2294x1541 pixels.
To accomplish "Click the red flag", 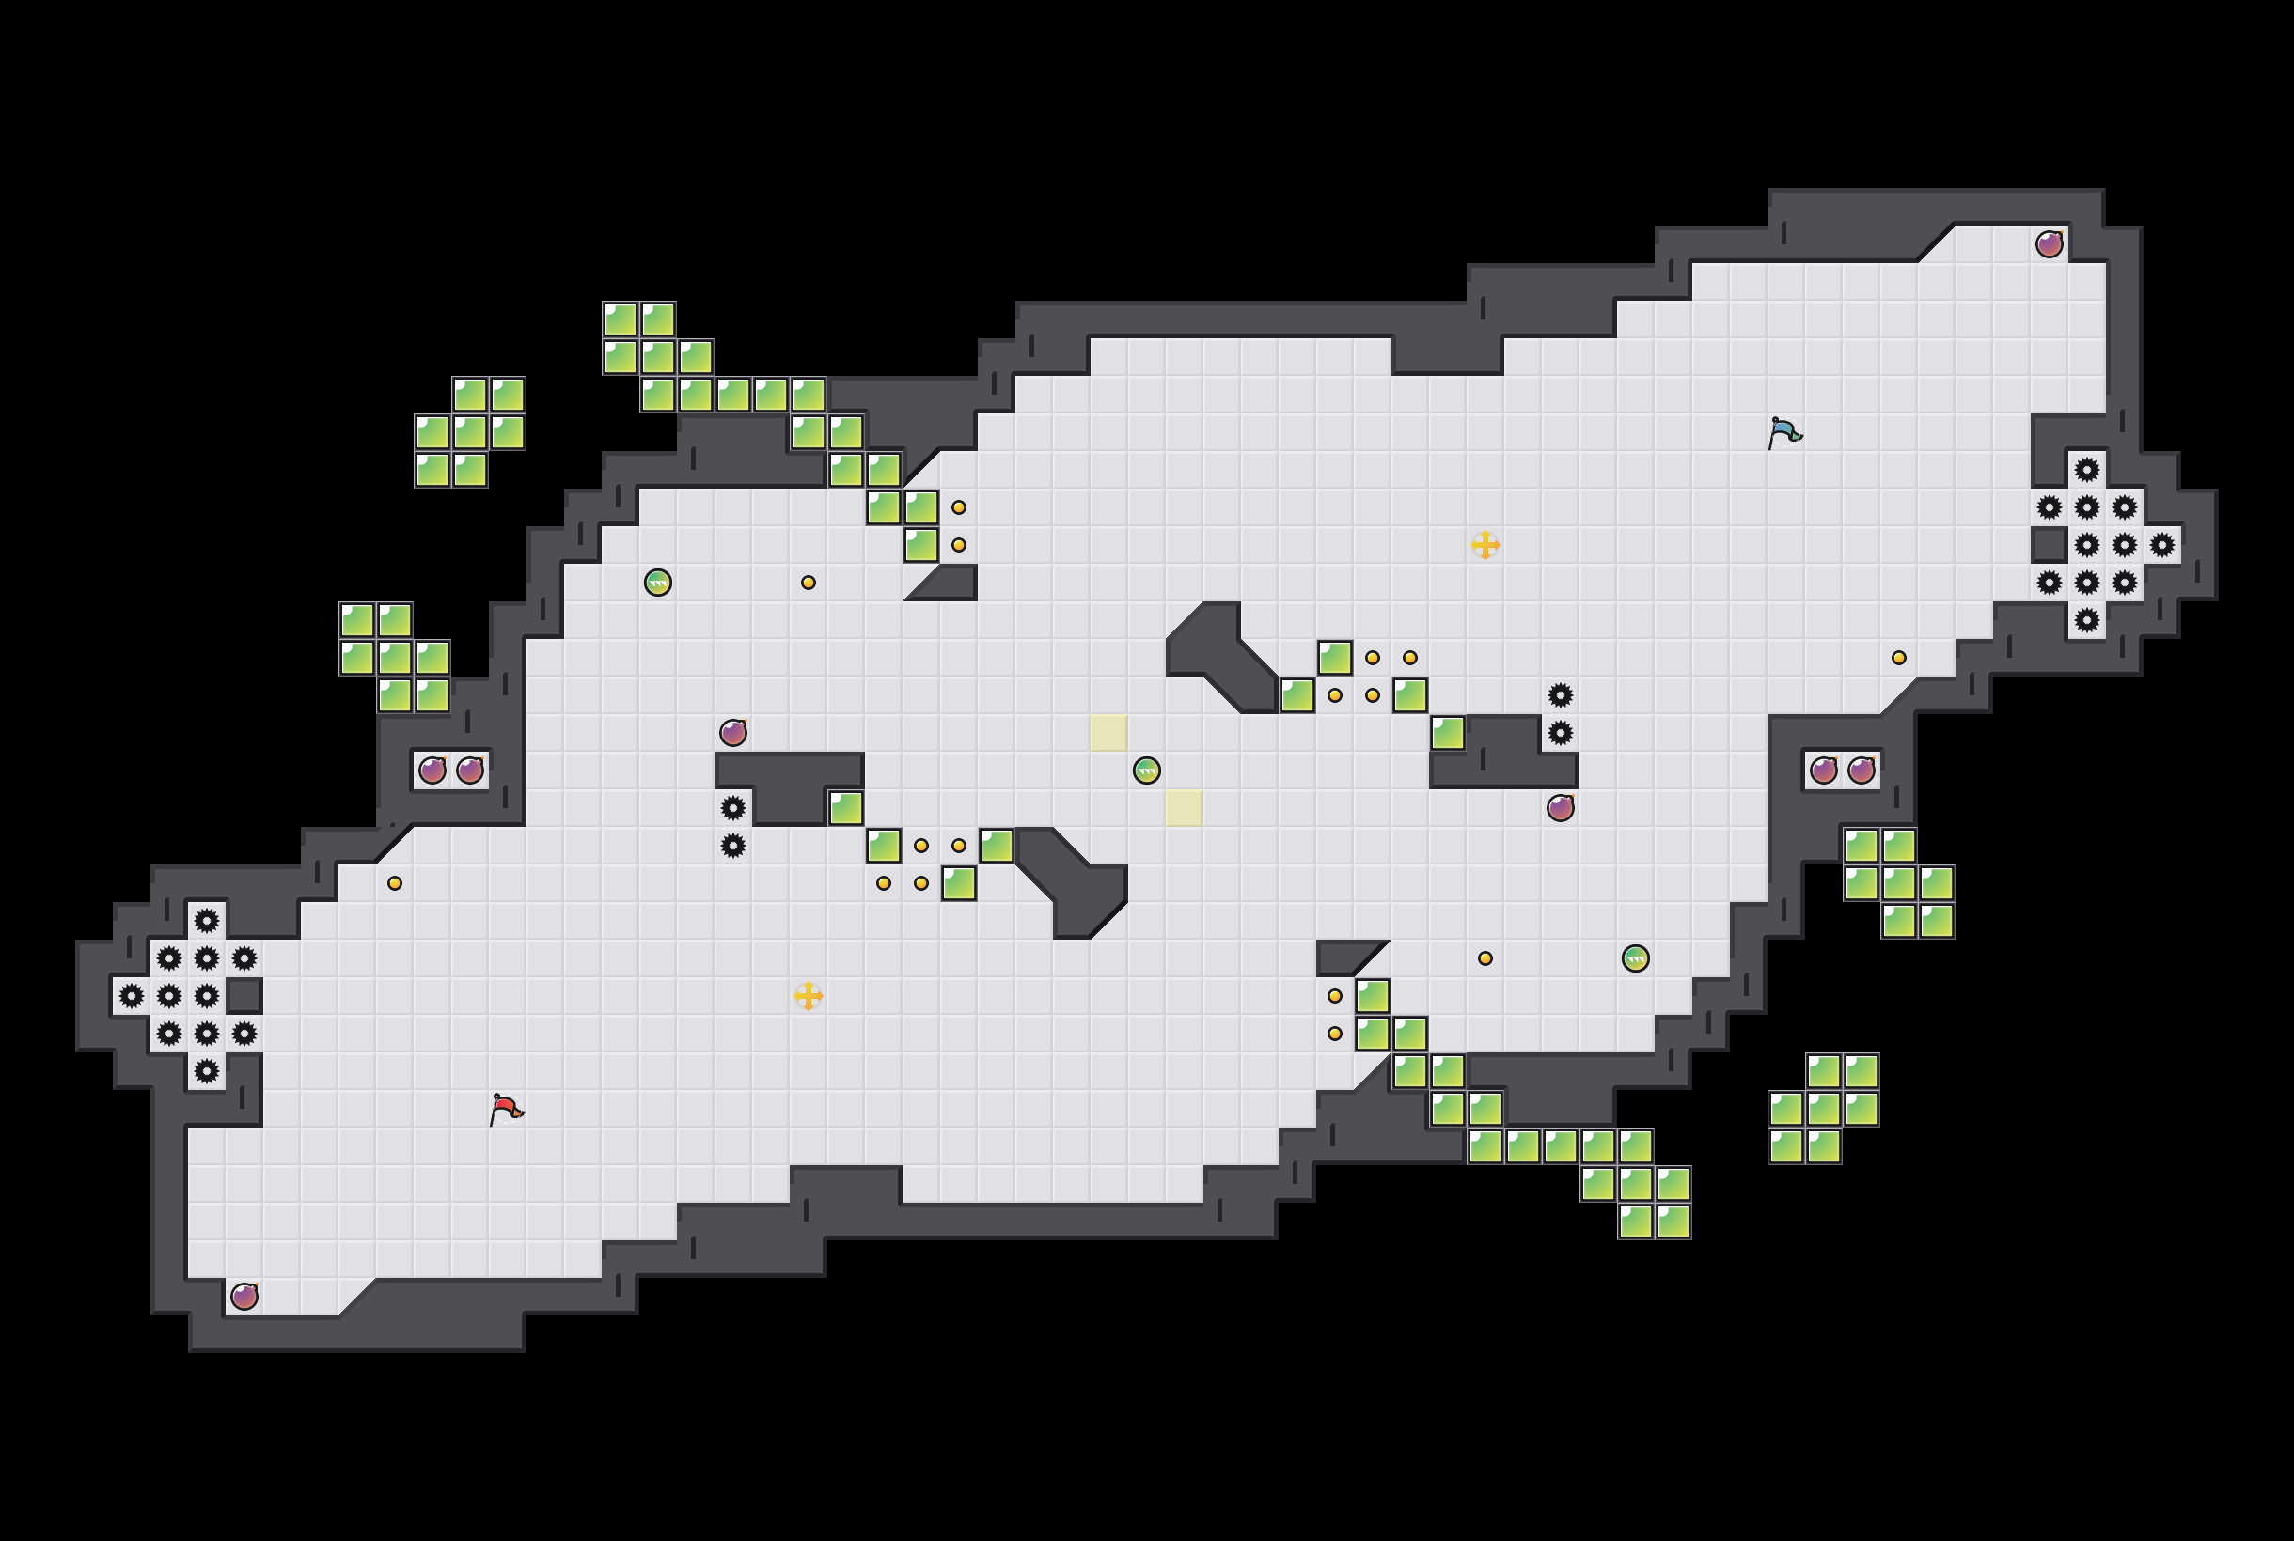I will [506, 1109].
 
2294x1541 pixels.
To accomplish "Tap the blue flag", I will [1783, 432].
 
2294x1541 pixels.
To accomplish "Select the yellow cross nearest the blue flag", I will [1485, 544].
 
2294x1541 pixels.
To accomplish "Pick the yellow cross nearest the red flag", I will [809, 996].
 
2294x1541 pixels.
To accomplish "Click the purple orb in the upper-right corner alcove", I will [2050, 243].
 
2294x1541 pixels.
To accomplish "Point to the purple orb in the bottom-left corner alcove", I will [244, 1297].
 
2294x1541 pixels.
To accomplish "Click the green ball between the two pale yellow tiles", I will [1146, 770].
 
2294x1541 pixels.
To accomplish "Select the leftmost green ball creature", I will [658, 583].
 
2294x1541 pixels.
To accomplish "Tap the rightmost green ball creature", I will [1635, 958].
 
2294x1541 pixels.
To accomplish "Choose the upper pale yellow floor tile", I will [1109, 733].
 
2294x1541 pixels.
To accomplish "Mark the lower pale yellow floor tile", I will [1184, 808].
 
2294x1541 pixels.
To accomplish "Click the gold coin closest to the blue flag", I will [1899, 658].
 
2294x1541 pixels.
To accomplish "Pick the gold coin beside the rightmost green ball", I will [1485, 958].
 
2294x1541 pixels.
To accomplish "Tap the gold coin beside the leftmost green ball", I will [809, 583].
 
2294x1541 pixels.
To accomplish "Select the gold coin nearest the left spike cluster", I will [394, 882].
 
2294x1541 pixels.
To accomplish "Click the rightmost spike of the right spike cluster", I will [2162, 544].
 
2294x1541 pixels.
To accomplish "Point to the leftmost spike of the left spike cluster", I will [131, 997].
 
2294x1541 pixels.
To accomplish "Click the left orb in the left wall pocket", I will [432, 770].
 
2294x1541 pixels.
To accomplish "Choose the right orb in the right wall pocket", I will [1862, 770].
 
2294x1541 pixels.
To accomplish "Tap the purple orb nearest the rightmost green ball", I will [1561, 808].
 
